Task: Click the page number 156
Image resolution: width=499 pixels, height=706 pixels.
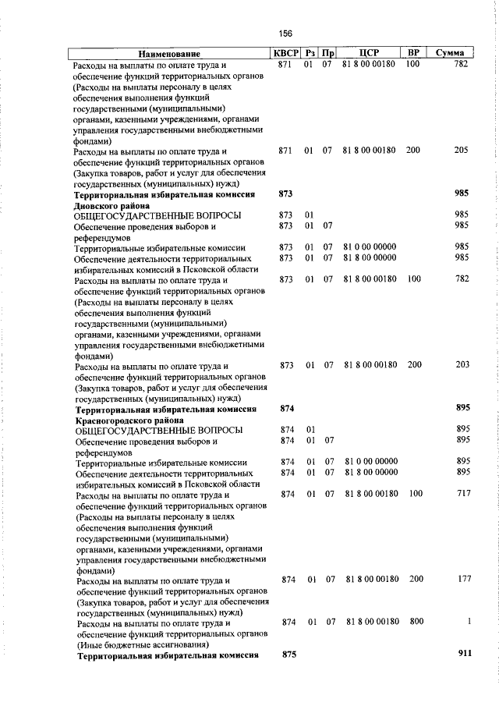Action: pos(285,34)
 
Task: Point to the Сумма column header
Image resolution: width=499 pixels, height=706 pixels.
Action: pos(451,53)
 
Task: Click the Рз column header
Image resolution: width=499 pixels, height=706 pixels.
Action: pos(310,53)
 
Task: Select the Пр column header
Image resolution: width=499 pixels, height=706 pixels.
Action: pos(328,53)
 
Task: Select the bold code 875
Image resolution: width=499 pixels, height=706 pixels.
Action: pos(288,655)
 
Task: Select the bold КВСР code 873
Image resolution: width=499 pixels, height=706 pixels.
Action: pos(285,193)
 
